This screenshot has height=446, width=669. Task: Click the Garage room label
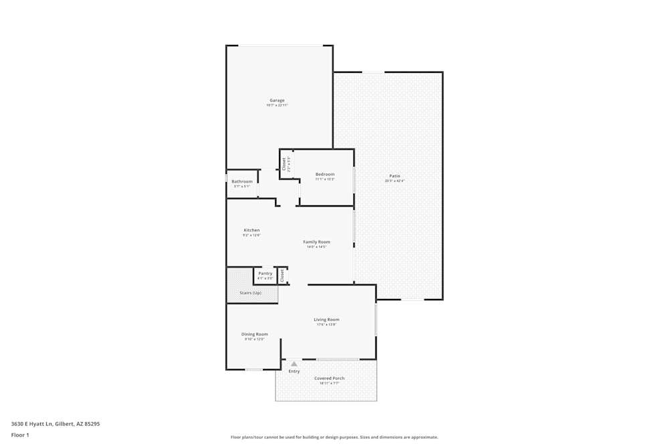277,100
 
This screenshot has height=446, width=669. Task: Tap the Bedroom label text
325,175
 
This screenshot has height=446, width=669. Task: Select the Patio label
395,176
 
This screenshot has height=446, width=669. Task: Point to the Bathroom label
242,182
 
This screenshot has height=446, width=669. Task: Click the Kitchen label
252,230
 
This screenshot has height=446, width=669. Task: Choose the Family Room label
316,242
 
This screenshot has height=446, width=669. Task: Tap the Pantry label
265,273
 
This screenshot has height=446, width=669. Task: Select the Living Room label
326,320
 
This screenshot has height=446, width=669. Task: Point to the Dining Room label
254,334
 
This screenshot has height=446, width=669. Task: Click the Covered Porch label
330,378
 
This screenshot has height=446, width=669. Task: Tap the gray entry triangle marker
294,364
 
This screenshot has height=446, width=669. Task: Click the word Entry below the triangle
294,371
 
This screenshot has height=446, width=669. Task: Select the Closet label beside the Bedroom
284,164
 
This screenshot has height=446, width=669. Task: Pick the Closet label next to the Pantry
282,275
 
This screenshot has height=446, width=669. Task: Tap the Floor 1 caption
20,435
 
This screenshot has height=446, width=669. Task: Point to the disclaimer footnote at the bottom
334,437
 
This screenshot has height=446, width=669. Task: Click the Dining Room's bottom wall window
254,369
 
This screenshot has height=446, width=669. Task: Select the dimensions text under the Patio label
395,181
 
